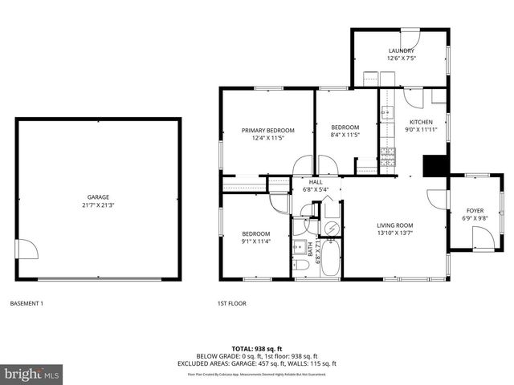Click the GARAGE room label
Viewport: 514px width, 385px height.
pos(98,197)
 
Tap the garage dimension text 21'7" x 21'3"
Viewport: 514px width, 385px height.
pos(98,205)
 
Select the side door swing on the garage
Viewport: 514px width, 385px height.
pos(28,249)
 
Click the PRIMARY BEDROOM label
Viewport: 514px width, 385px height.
pos(268,130)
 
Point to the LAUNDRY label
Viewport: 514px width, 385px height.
pos(401,51)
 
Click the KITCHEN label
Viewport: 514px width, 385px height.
pos(421,122)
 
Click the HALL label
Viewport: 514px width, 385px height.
pos(316,182)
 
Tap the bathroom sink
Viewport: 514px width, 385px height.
pos(298,246)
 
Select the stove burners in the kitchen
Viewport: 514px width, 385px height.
pos(389,156)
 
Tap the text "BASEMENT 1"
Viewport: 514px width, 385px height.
pos(27,303)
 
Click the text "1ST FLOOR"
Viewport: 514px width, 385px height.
pos(231,303)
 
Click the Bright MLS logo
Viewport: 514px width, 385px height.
pos(32,373)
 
